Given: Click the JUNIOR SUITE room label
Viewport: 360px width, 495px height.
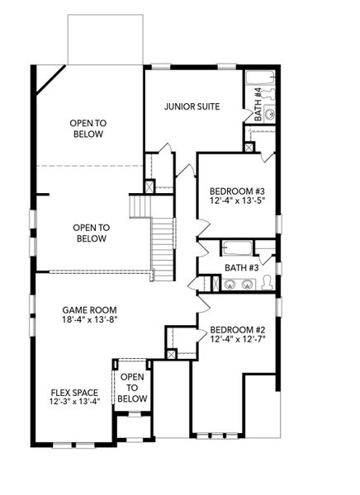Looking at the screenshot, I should pos(192,106).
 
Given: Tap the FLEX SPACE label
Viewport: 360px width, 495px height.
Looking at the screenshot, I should pos(73,392).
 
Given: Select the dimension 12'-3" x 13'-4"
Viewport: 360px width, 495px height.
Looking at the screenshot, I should pos(73,403).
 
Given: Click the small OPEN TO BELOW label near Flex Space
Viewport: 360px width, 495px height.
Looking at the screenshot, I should pos(132,388).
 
